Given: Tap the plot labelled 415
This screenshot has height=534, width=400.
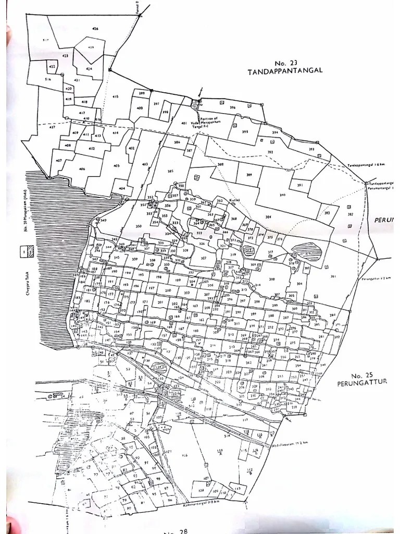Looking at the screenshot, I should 115,96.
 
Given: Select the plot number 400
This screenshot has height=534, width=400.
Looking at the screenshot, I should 140,107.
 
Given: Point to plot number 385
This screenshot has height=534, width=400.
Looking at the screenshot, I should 170,172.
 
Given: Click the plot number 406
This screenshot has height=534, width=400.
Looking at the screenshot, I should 82,169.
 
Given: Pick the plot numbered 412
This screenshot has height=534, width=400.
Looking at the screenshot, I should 92,149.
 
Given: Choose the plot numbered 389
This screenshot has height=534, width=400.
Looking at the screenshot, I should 249,174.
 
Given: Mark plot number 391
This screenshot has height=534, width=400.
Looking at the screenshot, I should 300,185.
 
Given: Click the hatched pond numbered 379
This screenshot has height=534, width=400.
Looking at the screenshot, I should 307,254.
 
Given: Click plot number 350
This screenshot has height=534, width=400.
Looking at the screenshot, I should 139,226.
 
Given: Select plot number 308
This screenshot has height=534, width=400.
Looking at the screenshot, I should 271,280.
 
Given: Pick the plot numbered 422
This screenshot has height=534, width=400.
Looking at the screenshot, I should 52,67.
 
